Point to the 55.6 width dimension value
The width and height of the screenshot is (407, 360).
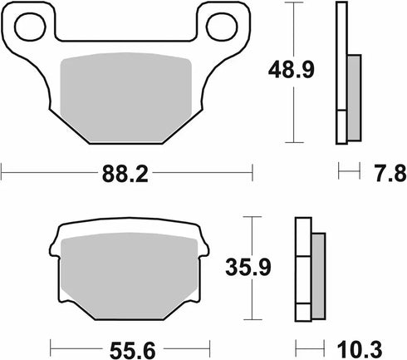click(x=128, y=344)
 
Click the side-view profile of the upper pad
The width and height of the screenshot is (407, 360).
click(x=342, y=71)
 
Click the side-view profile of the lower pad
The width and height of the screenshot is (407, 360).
click(x=303, y=270)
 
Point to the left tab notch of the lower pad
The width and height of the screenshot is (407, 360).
click(x=55, y=246)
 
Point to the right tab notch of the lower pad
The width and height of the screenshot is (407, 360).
click(x=202, y=246)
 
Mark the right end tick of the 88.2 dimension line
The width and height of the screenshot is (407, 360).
click(x=252, y=174)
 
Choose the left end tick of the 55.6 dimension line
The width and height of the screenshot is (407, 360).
click(x=51, y=344)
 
